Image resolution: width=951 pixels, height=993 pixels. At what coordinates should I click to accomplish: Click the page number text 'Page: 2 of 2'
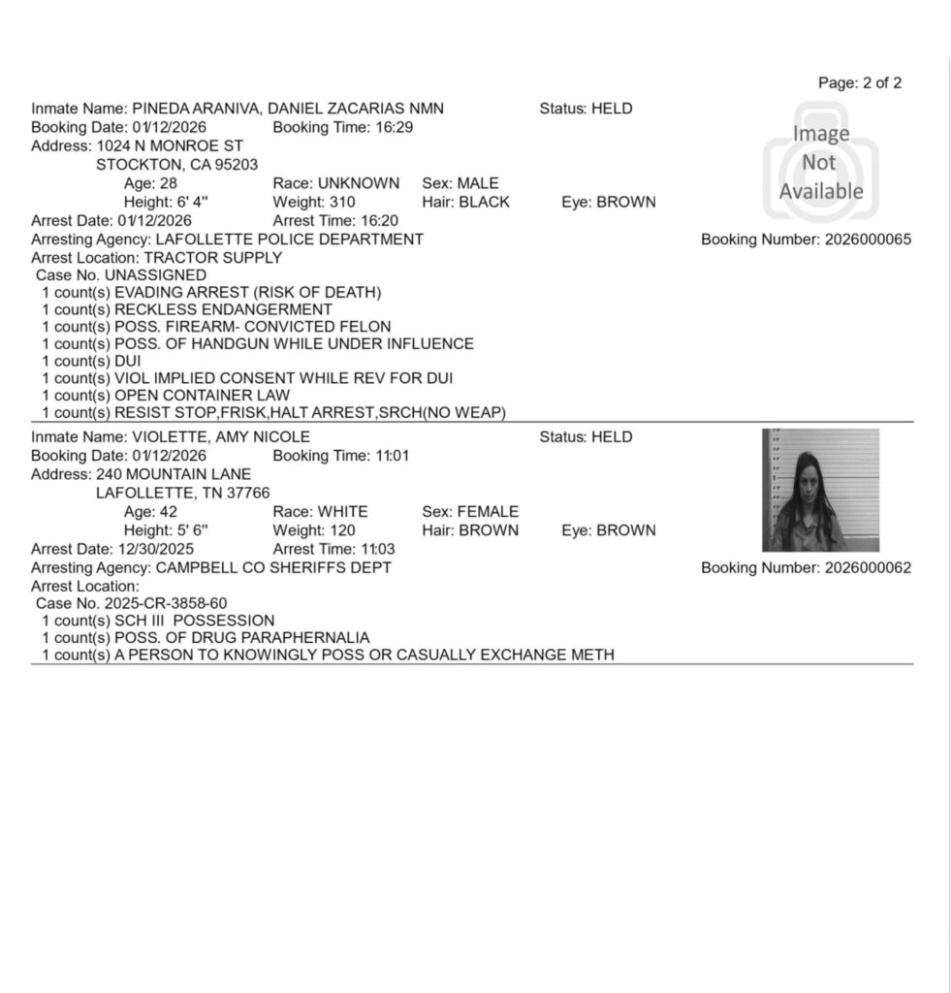click(x=860, y=83)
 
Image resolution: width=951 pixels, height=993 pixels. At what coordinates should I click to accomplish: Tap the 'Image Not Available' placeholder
click(x=820, y=162)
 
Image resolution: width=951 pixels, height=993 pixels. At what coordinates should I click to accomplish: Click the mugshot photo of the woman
click(x=820, y=490)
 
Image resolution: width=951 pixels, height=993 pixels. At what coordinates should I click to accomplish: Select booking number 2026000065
click(x=868, y=240)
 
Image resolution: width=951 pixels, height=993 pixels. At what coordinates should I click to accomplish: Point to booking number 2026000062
click(x=868, y=567)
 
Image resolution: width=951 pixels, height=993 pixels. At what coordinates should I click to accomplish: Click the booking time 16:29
click(x=396, y=128)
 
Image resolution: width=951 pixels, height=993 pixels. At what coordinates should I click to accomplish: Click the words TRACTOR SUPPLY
click(x=212, y=258)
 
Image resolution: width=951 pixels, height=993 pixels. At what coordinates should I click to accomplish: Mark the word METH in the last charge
click(x=593, y=655)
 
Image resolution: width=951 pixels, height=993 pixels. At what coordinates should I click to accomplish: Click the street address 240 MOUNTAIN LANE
click(x=174, y=474)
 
